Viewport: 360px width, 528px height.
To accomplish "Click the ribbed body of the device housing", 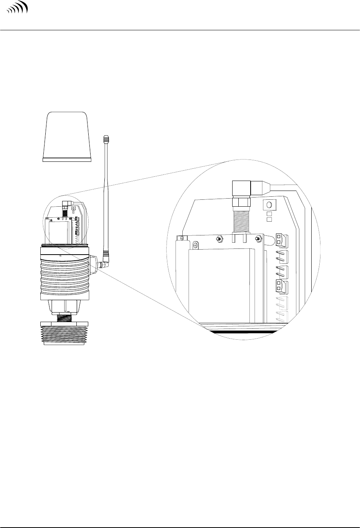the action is click(x=65, y=272).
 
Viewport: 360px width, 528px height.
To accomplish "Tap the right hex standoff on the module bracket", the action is click(x=258, y=239).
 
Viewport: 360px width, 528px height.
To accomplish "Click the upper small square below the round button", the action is click(x=269, y=214).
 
